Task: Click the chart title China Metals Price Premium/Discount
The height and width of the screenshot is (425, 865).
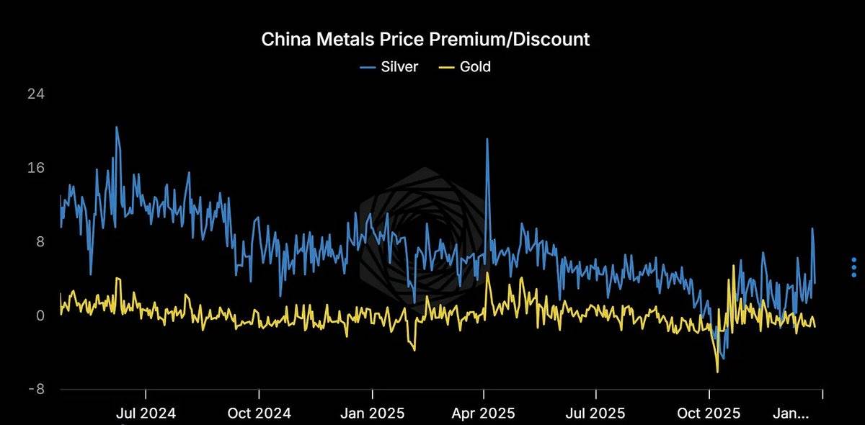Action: [x=425, y=39]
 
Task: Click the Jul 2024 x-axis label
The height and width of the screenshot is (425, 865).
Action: [x=146, y=413]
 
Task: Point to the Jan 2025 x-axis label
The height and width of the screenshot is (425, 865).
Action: [x=371, y=413]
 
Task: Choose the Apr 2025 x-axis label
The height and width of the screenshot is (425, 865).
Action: [x=484, y=413]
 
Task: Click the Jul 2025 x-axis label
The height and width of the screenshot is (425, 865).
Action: [x=596, y=413]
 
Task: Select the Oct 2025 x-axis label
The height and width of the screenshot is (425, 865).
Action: [x=709, y=413]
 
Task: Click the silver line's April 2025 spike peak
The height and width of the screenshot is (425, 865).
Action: [x=487, y=139]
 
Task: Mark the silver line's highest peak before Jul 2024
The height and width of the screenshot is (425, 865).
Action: [x=116, y=127]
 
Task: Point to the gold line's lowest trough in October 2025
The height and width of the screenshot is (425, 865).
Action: [x=717, y=372]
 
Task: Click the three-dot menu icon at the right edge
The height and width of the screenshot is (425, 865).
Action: [x=853, y=267]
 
